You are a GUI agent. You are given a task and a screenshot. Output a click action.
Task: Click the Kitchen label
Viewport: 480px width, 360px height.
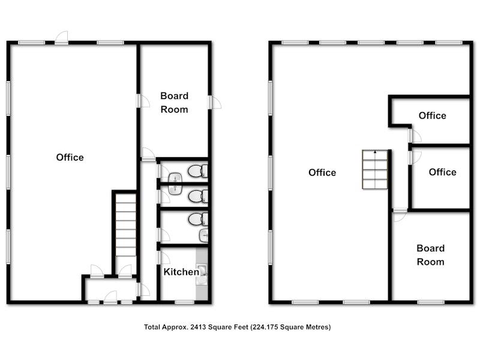(181, 272)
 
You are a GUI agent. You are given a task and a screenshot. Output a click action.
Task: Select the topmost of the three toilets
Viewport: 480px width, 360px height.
(198, 171)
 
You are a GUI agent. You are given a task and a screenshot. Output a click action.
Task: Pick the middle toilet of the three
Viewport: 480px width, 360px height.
(198, 196)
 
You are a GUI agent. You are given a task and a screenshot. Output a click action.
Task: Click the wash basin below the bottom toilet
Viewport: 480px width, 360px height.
(204, 236)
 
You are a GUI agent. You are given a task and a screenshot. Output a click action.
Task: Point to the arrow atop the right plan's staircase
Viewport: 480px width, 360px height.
(375, 152)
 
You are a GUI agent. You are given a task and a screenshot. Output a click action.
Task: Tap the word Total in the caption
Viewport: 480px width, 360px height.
(152, 327)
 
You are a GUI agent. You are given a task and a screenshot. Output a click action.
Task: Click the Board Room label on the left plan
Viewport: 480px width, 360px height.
(174, 103)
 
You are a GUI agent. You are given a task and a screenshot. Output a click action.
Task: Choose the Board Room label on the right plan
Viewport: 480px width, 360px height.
(430, 255)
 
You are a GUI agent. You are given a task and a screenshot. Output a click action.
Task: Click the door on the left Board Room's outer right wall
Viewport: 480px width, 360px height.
(214, 102)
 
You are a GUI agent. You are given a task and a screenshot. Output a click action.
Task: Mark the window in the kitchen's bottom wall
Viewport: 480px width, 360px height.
(185, 302)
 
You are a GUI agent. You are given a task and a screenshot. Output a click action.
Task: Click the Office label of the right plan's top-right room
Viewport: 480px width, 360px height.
(432, 116)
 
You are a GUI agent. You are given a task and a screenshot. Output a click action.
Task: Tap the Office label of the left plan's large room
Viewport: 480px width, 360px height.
(70, 157)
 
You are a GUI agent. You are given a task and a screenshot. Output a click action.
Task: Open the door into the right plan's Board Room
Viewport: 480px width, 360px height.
(400, 215)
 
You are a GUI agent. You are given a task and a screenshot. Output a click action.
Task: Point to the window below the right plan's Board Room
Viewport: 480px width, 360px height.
(431, 302)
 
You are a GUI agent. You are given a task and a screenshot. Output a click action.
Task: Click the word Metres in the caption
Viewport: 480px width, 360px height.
(320, 327)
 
